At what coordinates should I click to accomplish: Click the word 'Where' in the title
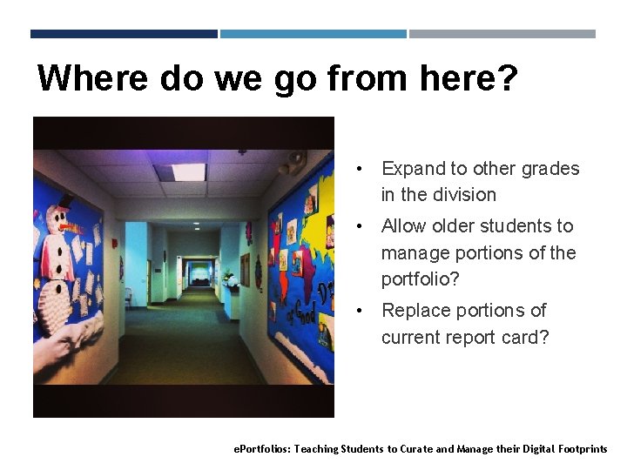click(x=92, y=78)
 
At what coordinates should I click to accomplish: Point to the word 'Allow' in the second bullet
click(x=404, y=226)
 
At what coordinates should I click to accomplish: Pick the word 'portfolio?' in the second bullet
click(x=421, y=280)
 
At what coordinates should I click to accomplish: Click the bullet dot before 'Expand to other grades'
click(x=358, y=169)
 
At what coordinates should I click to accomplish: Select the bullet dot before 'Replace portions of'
click(x=358, y=311)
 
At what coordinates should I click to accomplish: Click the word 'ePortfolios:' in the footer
click(x=262, y=449)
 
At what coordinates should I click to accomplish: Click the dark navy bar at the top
click(x=124, y=34)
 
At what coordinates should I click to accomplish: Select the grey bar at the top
click(x=502, y=34)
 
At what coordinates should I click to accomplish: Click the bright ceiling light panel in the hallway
click(x=188, y=171)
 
